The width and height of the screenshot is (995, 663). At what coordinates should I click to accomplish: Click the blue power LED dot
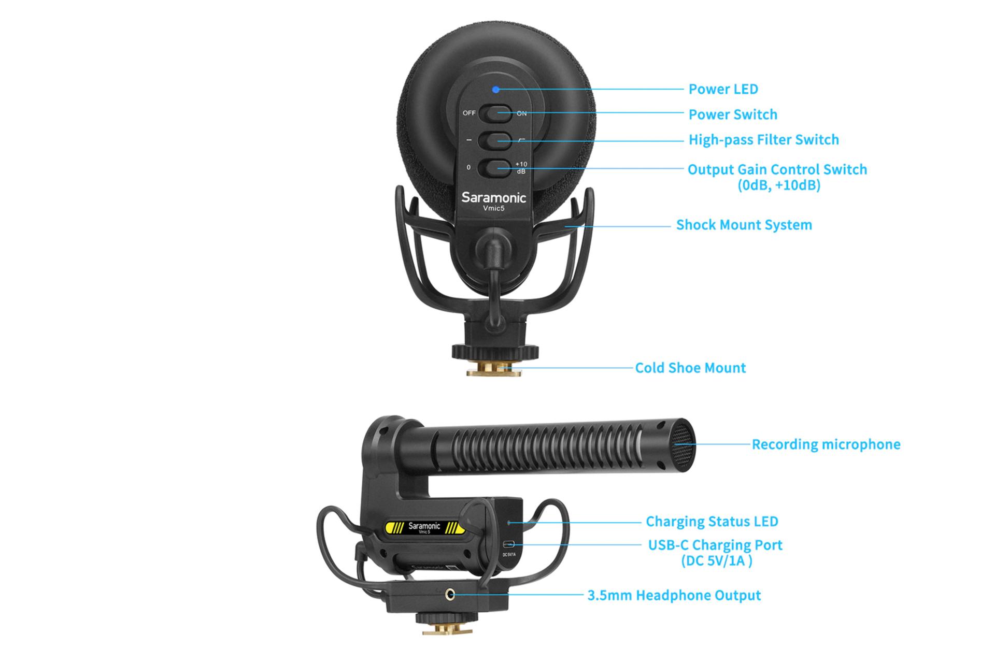(x=496, y=90)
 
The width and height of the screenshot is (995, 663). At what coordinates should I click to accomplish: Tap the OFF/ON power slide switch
(x=495, y=113)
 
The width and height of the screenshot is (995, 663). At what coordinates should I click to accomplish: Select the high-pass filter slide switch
(x=495, y=140)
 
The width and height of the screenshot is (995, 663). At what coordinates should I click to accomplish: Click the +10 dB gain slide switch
(x=495, y=167)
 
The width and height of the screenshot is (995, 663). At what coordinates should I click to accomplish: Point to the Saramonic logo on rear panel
(x=493, y=197)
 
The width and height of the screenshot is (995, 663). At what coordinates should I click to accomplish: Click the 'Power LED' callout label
(x=723, y=89)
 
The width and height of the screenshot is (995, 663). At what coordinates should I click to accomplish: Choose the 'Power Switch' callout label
(x=733, y=114)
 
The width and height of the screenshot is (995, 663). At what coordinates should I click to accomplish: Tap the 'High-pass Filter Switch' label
(x=763, y=140)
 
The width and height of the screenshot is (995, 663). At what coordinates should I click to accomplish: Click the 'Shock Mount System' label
(x=744, y=225)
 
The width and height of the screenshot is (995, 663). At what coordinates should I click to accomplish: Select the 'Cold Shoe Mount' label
(x=690, y=368)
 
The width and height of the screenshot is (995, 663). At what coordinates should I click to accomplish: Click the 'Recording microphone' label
(x=826, y=444)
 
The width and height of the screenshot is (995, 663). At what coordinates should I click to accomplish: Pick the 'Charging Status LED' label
(x=712, y=522)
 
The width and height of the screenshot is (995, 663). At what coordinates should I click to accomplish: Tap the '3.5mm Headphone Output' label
(x=674, y=595)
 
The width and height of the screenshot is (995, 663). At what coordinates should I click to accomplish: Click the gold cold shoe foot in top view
(x=493, y=369)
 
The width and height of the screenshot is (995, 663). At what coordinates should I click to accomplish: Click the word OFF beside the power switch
(x=469, y=113)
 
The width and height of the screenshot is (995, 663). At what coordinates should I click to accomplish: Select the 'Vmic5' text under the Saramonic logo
(x=493, y=209)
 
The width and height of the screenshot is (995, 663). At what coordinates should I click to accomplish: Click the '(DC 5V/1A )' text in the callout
(x=716, y=560)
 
